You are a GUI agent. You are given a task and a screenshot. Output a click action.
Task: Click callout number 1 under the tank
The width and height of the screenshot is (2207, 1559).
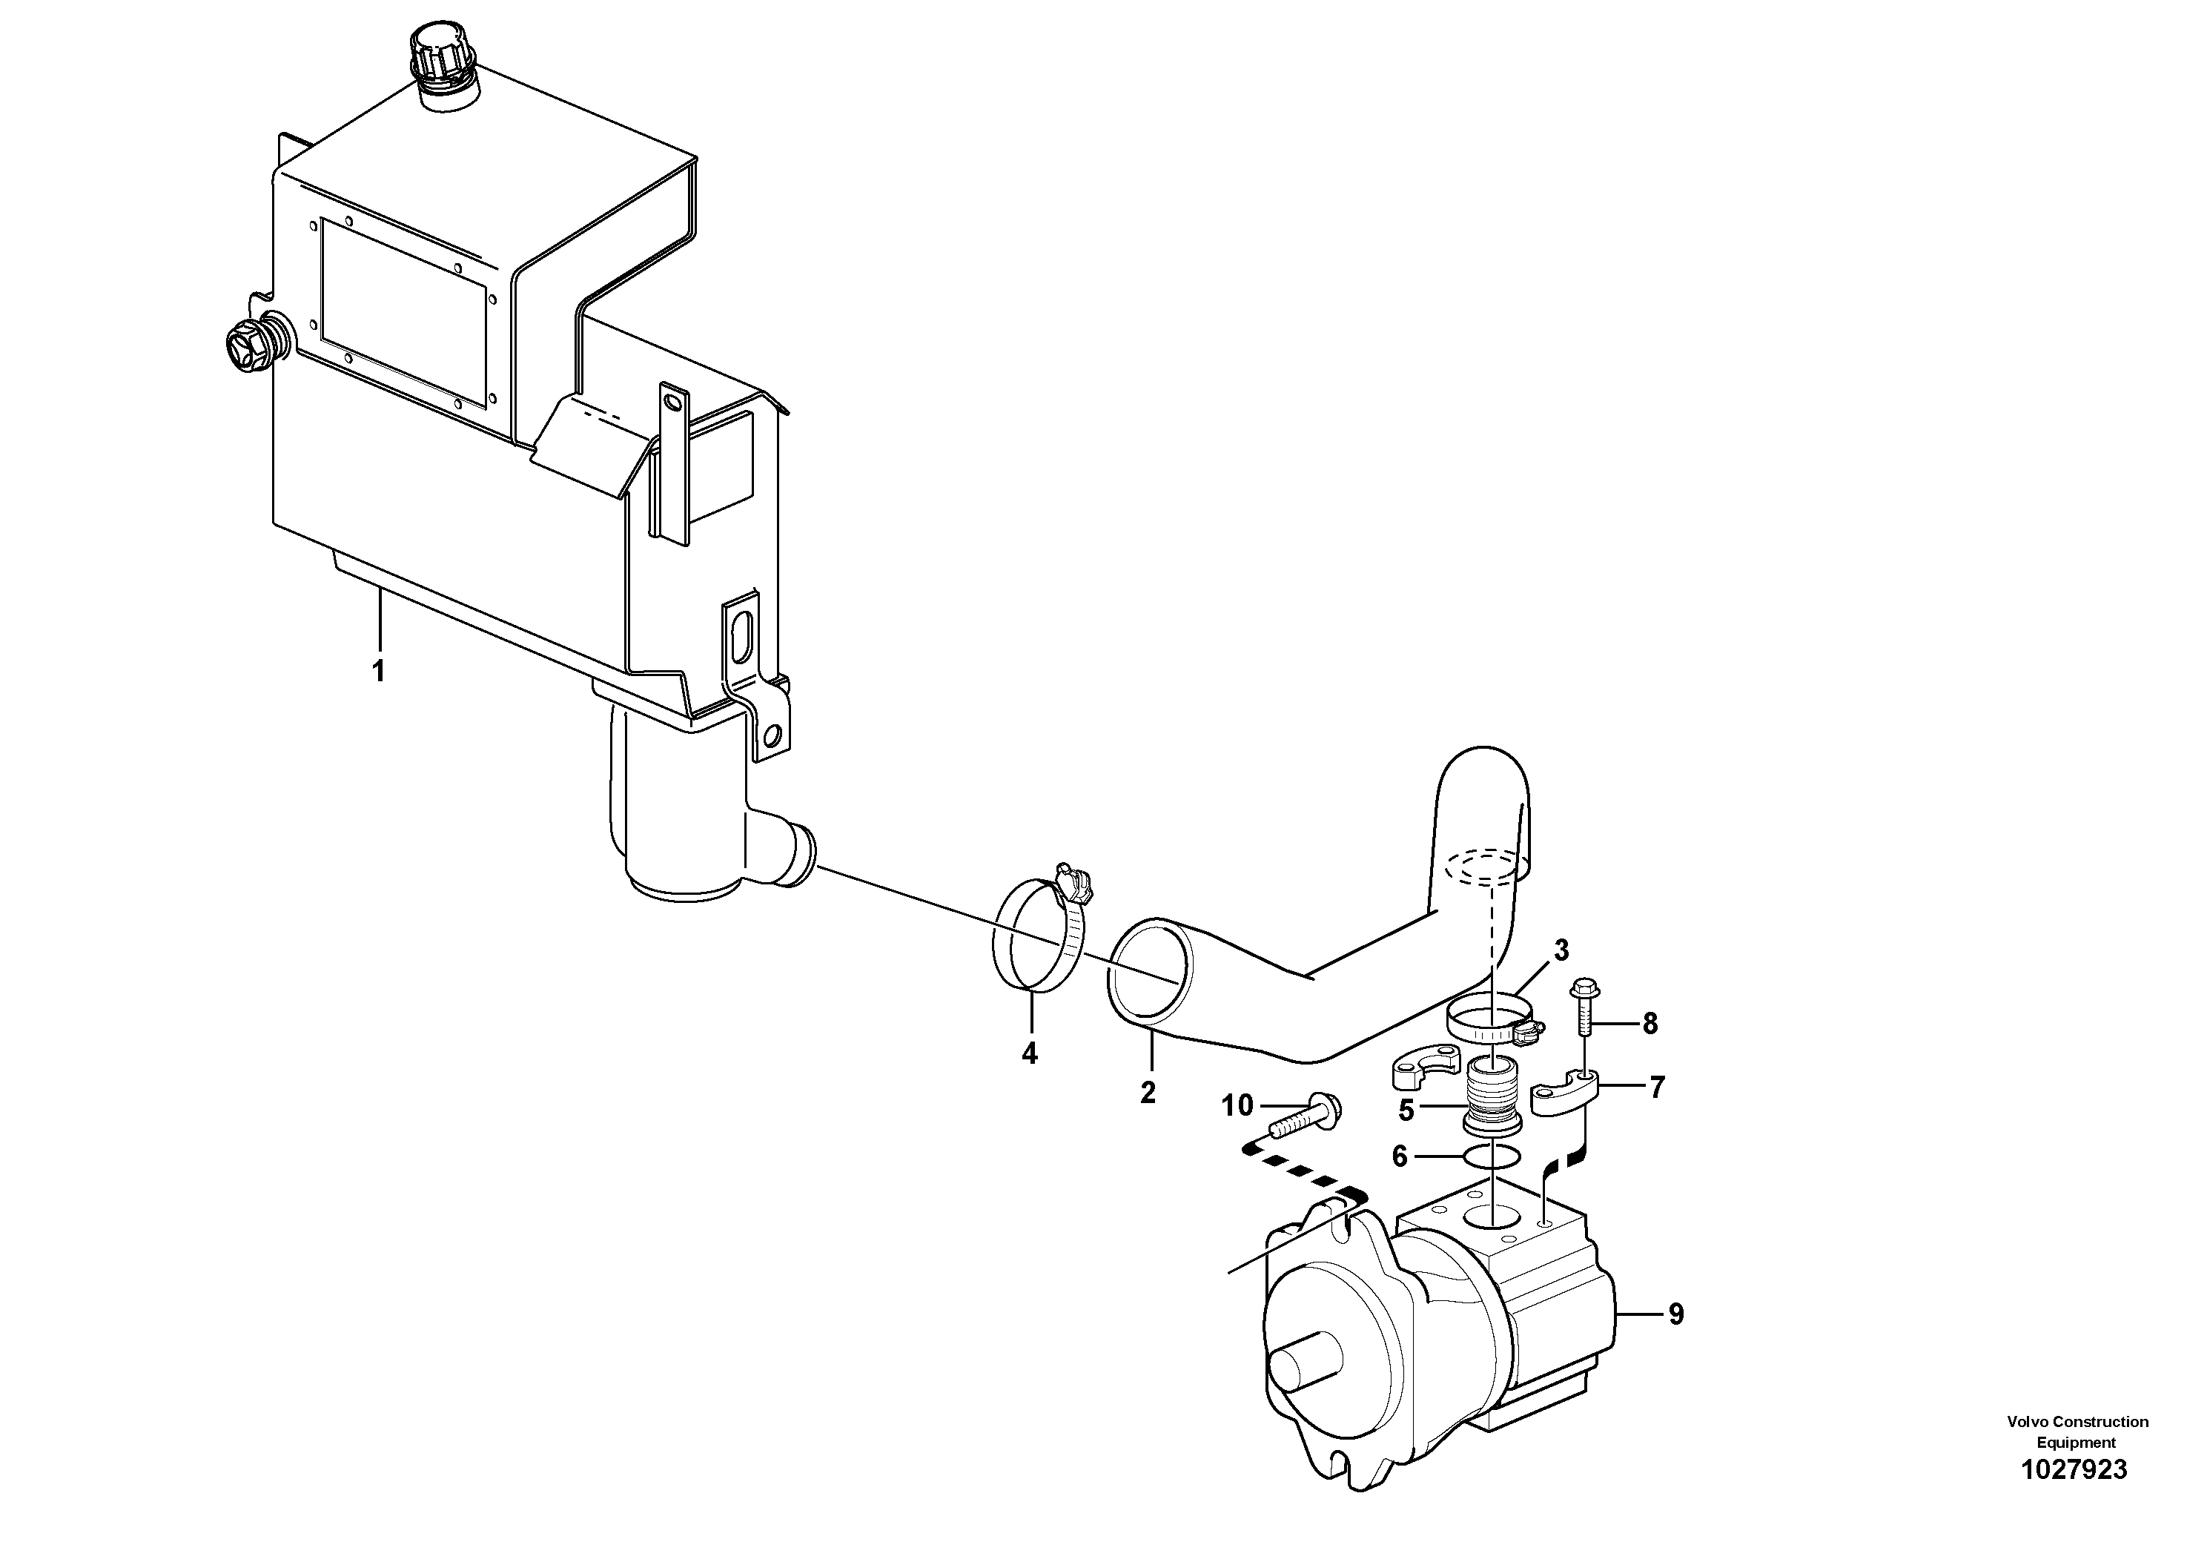coord(379,671)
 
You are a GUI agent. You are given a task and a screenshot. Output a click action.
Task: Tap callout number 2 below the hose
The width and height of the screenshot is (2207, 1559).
coord(1148,1093)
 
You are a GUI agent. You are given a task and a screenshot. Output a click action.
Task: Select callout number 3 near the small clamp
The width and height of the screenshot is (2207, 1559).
coord(1561,950)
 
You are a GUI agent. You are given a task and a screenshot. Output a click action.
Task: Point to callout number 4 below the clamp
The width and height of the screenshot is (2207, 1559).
coord(1030,1053)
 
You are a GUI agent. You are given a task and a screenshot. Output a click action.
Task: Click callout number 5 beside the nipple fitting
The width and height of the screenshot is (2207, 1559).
coord(1406,1111)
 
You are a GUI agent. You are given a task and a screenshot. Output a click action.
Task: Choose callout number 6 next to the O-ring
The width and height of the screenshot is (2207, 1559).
coord(1400,1157)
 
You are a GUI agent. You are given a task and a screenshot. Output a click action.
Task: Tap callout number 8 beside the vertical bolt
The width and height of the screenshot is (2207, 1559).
coord(1650,1024)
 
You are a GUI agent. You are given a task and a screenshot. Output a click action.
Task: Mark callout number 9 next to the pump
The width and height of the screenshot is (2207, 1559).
coord(1676,1314)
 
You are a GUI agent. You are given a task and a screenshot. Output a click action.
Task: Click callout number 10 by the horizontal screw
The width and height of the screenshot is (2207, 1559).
coord(1238,1106)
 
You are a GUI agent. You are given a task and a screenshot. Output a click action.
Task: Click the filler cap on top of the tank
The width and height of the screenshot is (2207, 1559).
coord(445,58)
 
